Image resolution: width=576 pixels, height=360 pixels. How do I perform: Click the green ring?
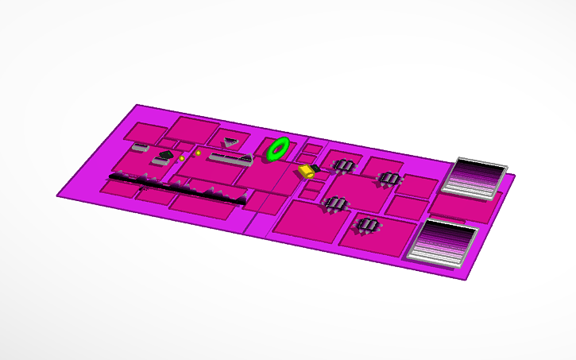click(278, 149)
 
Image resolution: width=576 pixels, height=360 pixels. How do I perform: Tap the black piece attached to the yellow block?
click(315, 168)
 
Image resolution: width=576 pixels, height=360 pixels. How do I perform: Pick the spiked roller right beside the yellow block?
click(344, 165)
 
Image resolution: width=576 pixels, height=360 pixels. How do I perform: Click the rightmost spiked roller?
click(389, 178)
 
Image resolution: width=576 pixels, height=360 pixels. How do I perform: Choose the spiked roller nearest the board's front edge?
click(365, 226)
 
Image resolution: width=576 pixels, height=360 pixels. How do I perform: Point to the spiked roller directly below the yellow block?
click(335, 203)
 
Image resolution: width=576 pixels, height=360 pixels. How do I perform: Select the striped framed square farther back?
click(474, 176)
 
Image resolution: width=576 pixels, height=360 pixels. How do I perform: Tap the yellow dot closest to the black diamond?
click(182, 158)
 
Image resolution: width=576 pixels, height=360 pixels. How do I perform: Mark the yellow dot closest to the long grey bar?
click(198, 152)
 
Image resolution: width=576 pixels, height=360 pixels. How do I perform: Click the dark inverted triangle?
click(230, 141)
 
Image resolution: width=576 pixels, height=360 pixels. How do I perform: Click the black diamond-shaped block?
click(166, 154)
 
